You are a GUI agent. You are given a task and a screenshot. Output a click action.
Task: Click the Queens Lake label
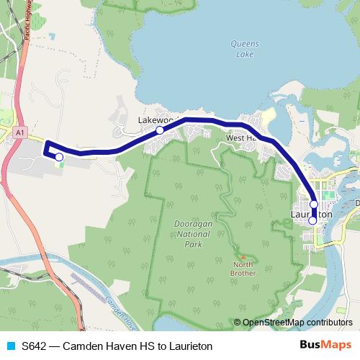pos(240,48)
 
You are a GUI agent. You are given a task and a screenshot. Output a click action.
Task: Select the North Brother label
pos(243,268)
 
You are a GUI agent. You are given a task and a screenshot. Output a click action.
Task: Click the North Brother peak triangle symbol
pos(243,256)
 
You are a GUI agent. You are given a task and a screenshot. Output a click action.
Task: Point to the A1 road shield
pos(21,132)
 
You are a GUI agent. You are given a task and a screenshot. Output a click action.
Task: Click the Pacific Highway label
pos(29,30)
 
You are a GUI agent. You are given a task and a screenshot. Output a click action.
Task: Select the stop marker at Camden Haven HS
pos(59,156)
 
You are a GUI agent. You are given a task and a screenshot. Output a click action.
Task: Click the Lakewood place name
pos(153,120)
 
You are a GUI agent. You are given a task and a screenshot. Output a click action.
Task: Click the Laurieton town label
pos(312,215)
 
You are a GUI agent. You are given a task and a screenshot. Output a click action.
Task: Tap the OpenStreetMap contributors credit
pos(297,323)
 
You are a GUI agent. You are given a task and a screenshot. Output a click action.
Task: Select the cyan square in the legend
pos(10,346)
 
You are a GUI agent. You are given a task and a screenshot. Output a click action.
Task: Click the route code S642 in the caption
pos(35,346)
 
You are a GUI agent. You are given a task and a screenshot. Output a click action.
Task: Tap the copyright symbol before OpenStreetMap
pos(238,323)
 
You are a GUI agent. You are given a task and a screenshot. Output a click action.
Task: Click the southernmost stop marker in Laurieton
pos(312,221)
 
